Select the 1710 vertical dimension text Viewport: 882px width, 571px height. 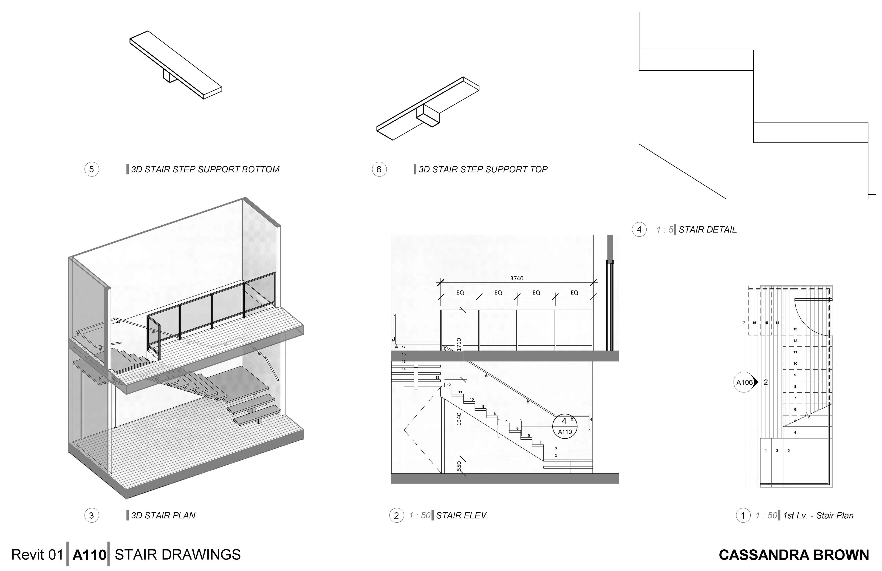click(x=459, y=345)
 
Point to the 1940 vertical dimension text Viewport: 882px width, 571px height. click(x=459, y=419)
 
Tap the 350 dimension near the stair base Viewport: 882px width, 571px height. click(x=459, y=466)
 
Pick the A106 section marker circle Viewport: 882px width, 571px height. click(x=744, y=383)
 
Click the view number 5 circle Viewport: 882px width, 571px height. click(x=92, y=169)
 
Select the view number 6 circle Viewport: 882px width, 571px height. click(x=379, y=169)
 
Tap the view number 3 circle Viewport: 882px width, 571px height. click(x=92, y=515)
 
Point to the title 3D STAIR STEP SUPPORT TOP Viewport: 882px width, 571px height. click(x=483, y=169)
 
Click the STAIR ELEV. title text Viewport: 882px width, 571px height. click(x=462, y=515)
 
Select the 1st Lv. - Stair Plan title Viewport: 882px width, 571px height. click(x=818, y=515)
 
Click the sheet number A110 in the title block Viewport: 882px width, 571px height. click(x=89, y=555)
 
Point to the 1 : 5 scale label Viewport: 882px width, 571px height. click(x=664, y=230)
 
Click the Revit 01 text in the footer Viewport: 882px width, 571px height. click(x=37, y=555)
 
